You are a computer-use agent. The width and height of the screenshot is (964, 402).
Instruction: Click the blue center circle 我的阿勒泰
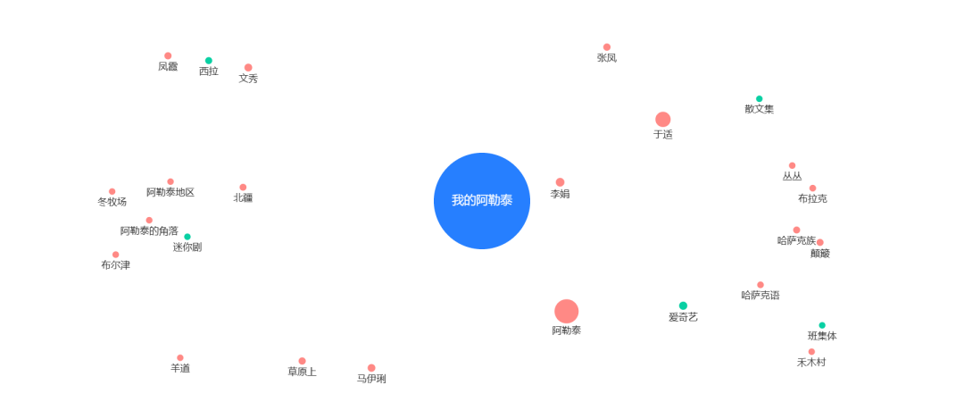(x=482, y=201)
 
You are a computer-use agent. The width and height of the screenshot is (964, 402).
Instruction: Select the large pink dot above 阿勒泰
(x=566, y=311)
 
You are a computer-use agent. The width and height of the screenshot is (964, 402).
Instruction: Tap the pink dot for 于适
(x=662, y=120)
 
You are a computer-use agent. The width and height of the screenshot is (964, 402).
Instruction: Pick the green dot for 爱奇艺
(x=683, y=306)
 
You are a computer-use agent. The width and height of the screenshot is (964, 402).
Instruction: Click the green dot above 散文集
(x=759, y=98)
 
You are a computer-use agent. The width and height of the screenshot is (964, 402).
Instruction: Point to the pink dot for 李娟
(x=560, y=182)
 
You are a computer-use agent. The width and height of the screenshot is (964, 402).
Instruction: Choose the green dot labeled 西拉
(x=209, y=61)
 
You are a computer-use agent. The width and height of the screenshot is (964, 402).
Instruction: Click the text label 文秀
(x=248, y=79)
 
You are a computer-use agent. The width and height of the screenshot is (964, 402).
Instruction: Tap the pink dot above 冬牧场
(x=112, y=191)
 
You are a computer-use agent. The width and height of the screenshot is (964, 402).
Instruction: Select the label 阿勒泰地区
(x=170, y=192)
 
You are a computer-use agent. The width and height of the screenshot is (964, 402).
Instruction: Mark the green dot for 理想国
(x=187, y=237)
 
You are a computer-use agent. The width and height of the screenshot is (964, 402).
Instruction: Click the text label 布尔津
(x=115, y=265)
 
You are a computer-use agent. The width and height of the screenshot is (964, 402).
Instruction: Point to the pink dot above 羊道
(x=180, y=357)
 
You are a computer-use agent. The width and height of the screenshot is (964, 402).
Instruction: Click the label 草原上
(x=302, y=372)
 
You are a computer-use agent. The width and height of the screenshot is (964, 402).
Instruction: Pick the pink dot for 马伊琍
(x=371, y=368)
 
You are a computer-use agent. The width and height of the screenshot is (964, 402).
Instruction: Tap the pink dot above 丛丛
(x=792, y=165)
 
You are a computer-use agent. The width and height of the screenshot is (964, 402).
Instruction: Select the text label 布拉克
(x=812, y=198)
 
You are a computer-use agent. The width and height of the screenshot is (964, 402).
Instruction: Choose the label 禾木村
(x=811, y=363)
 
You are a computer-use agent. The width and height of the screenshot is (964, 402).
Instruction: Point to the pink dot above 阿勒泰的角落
(x=149, y=221)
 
